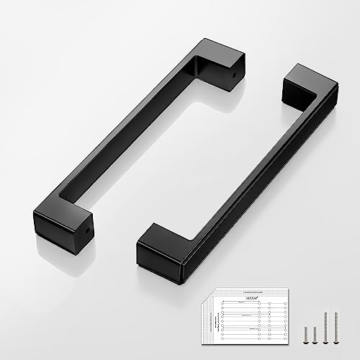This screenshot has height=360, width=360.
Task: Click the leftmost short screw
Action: point(305,333)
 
